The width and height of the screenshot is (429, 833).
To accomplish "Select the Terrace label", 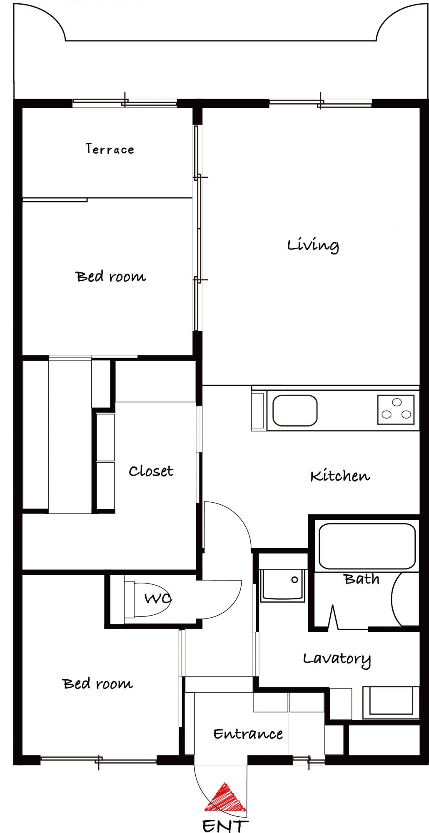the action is click(x=110, y=149).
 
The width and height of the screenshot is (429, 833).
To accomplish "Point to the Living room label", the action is click(x=313, y=245).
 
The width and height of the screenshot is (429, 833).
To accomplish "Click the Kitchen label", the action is click(x=340, y=476).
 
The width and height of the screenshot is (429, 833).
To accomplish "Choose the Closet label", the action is click(x=151, y=471).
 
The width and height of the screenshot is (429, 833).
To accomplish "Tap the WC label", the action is click(x=158, y=599).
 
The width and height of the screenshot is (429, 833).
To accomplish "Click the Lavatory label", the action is click(x=337, y=659).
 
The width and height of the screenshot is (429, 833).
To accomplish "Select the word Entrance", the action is click(x=248, y=734).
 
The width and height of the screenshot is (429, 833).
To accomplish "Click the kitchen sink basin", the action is click(x=295, y=411).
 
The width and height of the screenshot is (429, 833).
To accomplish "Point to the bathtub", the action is click(x=367, y=546).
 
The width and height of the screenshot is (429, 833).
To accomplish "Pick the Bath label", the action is click(x=362, y=579).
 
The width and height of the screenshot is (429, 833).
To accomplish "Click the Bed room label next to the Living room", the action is click(x=111, y=276).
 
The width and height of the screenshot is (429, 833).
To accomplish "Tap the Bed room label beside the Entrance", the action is click(x=98, y=683).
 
